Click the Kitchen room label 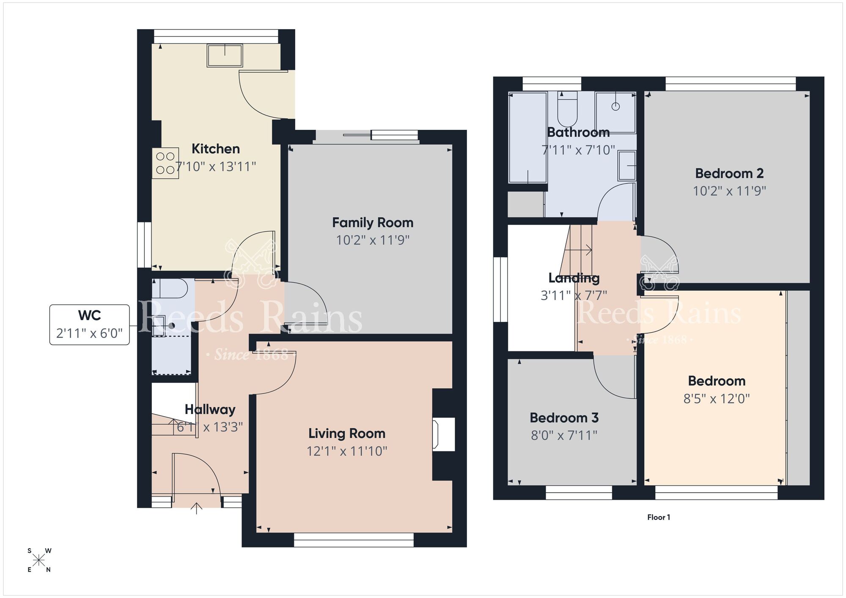point(215,149)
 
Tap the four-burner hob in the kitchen point(165,163)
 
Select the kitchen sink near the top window point(225,55)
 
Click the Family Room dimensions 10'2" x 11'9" point(372,240)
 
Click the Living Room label point(346,433)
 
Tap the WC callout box point(89,324)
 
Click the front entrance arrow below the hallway point(196,508)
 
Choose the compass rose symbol point(39,560)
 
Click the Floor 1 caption point(658,517)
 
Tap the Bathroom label point(578,132)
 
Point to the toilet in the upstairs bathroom point(567,110)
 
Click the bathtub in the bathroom point(527,138)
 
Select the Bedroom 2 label point(729,173)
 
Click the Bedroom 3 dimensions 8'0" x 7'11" point(564,435)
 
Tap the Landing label point(574,278)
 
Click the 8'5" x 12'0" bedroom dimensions point(716,399)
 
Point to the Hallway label point(210,409)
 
